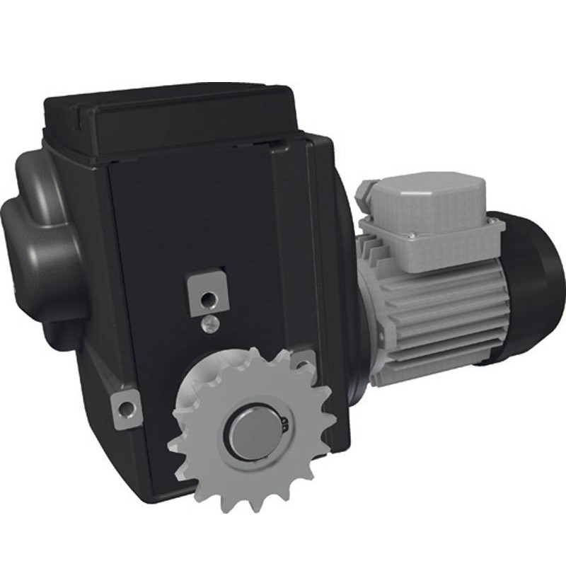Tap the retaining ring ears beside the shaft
coord(284,425)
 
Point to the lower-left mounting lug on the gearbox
coord(127,408)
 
